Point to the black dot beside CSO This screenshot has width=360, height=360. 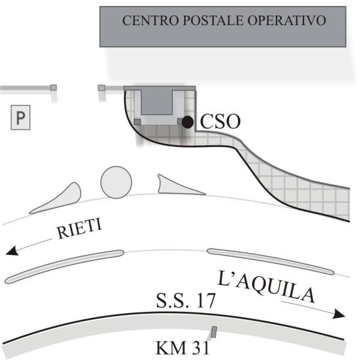[188, 122]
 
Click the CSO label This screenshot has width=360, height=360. [220, 122]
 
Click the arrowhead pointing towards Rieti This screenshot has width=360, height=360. [12, 251]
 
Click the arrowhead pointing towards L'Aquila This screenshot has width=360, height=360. [340, 314]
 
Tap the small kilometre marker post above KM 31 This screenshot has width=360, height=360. [214, 331]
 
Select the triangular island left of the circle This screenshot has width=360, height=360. [60, 199]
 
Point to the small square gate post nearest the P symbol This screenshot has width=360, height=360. [53, 88]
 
